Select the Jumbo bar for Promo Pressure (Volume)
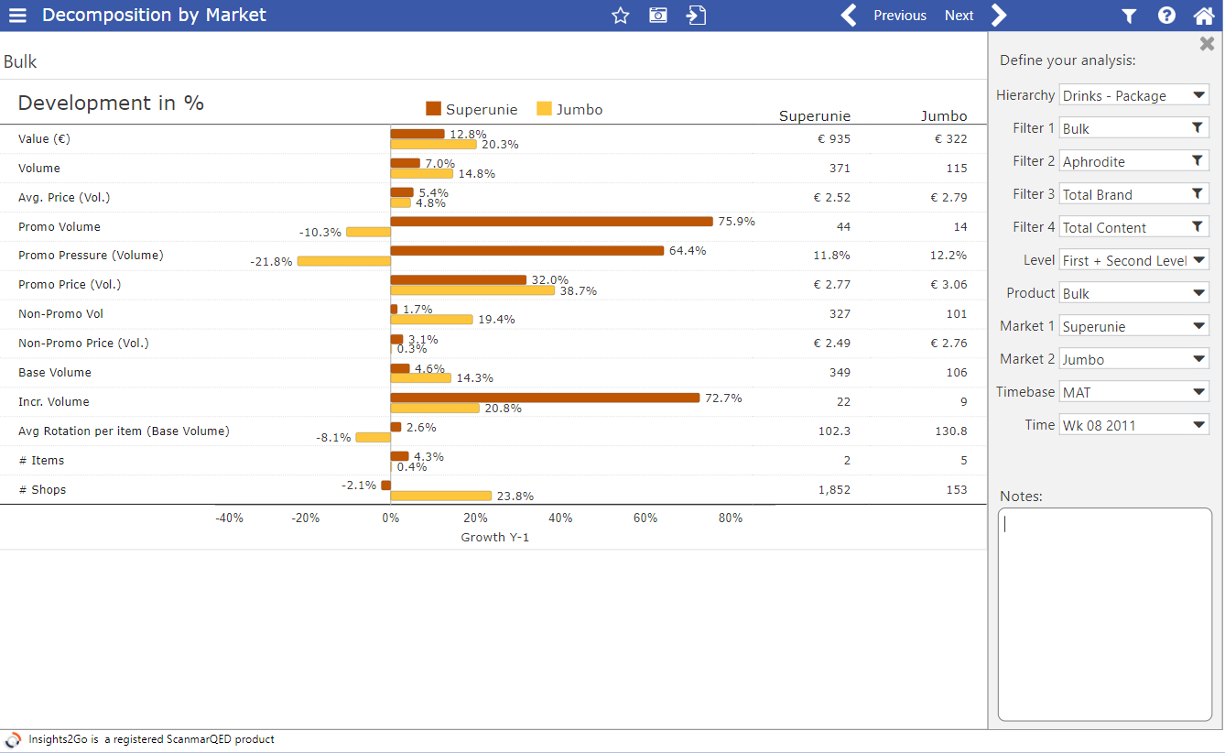pyautogui.click(x=343, y=261)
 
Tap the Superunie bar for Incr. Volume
pyautogui.click(x=545, y=398)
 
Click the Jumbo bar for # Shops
pyautogui.click(x=440, y=496)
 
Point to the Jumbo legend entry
pyautogui.click(x=569, y=109)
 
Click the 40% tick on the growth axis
pyautogui.click(x=560, y=518)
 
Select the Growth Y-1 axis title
pyautogui.click(x=494, y=538)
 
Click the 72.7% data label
pyautogui.click(x=723, y=398)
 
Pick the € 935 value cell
pyautogui.click(x=833, y=139)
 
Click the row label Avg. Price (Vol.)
pyautogui.click(x=64, y=198)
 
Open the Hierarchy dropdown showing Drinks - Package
pyautogui.click(x=1133, y=95)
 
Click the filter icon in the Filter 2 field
pyautogui.click(x=1197, y=161)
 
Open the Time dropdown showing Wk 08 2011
pyautogui.click(x=1133, y=425)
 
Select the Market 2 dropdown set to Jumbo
pyautogui.click(x=1133, y=359)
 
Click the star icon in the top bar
pyautogui.click(x=621, y=16)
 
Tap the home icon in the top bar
pyautogui.click(x=1203, y=16)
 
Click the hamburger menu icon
pyautogui.click(x=17, y=16)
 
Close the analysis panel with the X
pyautogui.click(x=1207, y=44)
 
